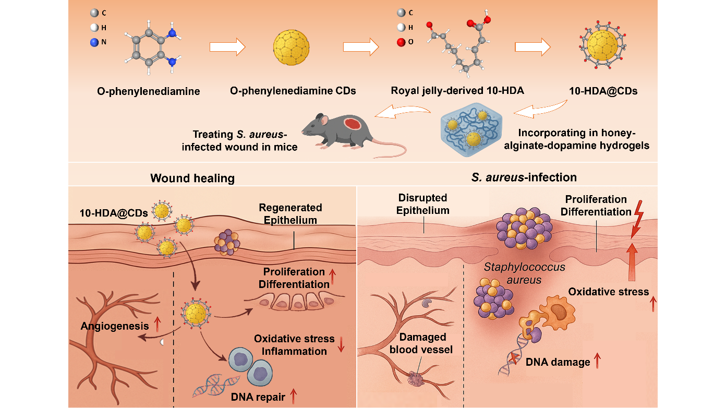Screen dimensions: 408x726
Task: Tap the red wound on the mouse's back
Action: click(x=354, y=125)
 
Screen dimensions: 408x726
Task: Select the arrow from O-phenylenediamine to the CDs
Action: click(x=227, y=47)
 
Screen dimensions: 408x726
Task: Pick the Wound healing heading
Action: click(x=192, y=178)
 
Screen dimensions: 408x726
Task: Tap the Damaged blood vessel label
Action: click(x=421, y=343)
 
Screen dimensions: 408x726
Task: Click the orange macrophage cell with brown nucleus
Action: click(x=559, y=313)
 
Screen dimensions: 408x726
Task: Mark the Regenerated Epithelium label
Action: click(x=291, y=213)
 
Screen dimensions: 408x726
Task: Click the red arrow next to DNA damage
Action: click(x=597, y=361)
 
